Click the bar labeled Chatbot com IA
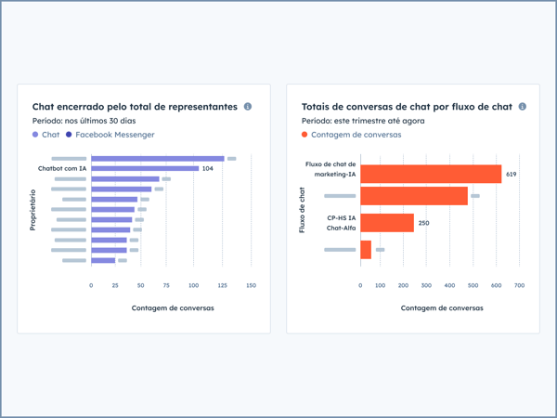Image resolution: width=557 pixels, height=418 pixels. [x=144, y=169]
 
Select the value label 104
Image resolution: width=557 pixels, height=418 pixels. [x=208, y=169]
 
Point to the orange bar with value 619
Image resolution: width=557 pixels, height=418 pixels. [x=430, y=174]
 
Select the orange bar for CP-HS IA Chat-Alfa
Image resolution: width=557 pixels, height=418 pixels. [x=386, y=223]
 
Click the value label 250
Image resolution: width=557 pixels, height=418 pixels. [x=423, y=223]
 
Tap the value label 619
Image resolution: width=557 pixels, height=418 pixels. [x=512, y=174]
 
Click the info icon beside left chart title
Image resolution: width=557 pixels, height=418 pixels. [x=248, y=107]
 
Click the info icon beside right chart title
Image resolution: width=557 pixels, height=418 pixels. [x=523, y=107]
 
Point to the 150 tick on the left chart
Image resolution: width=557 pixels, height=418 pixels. [x=251, y=285]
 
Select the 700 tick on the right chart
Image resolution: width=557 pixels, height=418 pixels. [x=519, y=285]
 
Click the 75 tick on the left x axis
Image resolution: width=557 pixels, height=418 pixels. [x=166, y=285]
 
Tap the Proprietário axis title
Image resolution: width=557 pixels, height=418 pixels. [x=33, y=210]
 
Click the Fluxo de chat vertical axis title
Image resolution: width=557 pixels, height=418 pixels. [x=303, y=210]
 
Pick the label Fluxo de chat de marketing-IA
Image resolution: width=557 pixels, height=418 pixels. [x=330, y=168]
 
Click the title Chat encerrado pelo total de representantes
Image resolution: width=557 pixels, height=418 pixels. [x=135, y=107]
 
